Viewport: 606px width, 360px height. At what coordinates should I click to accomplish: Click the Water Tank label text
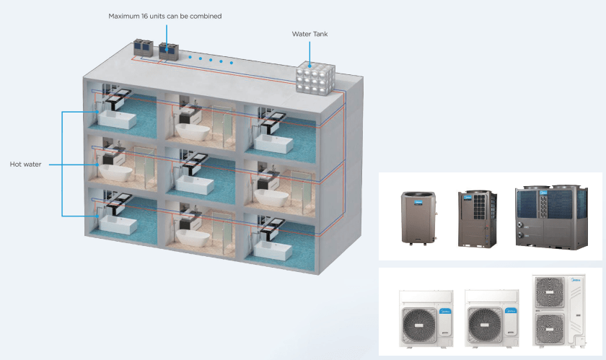(x=310, y=34)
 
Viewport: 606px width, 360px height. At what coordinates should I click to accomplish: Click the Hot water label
(x=26, y=164)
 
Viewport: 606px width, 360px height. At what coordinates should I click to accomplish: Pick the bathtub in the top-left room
(x=117, y=119)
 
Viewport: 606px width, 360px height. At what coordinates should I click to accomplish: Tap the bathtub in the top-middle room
(x=193, y=131)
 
